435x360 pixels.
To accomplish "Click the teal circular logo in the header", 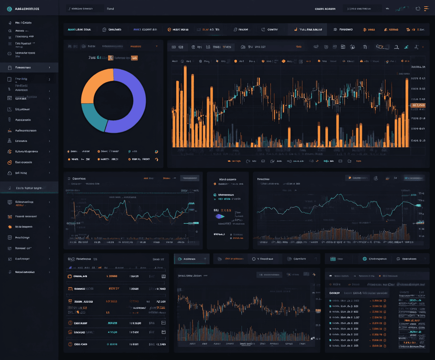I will click(x=9, y=9).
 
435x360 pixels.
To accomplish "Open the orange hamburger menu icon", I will click(x=427, y=8).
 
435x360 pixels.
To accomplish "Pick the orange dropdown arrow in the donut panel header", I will click(x=157, y=46).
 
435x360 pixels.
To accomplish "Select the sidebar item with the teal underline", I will click(x=29, y=188).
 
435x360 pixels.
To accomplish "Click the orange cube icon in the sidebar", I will click(x=10, y=227).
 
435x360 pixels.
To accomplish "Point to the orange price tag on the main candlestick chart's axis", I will click(x=418, y=105).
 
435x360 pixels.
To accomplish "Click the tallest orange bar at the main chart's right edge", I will click(x=407, y=112).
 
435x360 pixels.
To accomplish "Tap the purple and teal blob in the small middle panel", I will click(x=220, y=216).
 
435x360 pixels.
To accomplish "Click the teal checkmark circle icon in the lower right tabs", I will click(x=365, y=259).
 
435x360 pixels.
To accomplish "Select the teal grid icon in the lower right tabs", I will click(x=332, y=259).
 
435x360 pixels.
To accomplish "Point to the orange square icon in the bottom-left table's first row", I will click(x=70, y=276).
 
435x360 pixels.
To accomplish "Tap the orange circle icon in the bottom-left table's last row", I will click(x=70, y=344).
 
